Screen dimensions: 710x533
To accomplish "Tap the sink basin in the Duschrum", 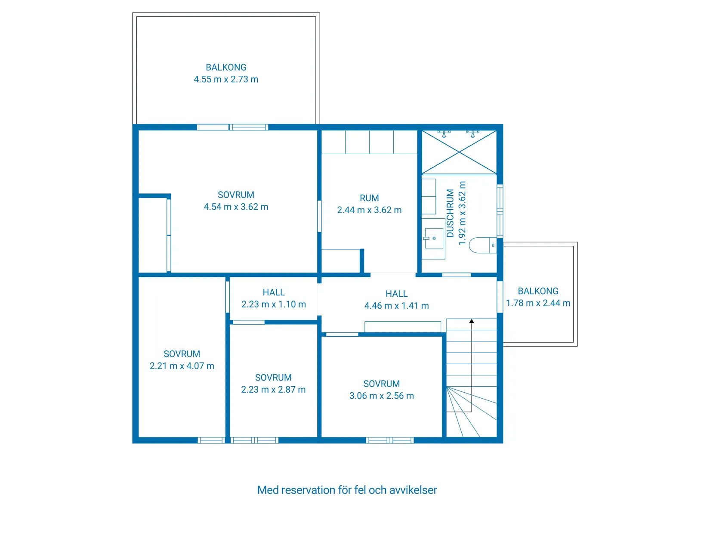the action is coord(434,238).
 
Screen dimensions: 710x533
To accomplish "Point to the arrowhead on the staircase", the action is coord(472,321).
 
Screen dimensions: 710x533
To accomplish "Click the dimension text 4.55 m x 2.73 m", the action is coord(226,79).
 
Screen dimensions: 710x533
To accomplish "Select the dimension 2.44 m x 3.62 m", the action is coord(369,210).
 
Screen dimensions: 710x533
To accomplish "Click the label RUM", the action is coord(369,198).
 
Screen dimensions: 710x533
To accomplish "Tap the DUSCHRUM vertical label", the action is coord(450,213).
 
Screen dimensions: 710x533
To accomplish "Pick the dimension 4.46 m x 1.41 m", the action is coord(397,306).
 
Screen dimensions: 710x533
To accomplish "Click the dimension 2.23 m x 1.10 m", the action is coord(274,304).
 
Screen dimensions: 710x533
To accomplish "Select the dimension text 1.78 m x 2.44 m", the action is coord(538,303).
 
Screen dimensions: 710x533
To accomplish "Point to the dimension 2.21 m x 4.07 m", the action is coord(182,366).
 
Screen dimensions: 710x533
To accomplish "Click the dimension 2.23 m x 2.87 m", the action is coord(273,389).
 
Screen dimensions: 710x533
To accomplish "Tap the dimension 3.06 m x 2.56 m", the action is coord(382,396).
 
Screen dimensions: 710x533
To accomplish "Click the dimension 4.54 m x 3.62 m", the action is coord(236,207).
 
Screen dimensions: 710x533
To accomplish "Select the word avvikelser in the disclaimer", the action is coord(413,490).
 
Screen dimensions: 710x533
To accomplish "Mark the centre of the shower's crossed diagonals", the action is coord(459,152).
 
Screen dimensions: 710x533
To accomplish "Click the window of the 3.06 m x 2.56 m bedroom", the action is coord(390,440).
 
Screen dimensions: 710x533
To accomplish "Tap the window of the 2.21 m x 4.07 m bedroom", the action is coord(211,440).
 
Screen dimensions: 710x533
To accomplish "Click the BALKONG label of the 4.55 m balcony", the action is coord(226,67).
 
